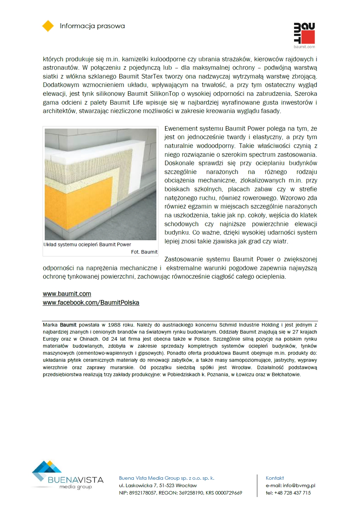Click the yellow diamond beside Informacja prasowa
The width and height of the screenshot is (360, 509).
coord(48,26)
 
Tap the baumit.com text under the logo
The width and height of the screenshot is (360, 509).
coord(304,46)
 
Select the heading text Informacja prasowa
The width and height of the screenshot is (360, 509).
coord(92,26)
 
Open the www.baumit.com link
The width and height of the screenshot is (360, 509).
coord(67,294)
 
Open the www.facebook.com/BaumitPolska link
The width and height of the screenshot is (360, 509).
coord(91,303)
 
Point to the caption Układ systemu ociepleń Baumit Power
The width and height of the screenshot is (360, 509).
coord(87,244)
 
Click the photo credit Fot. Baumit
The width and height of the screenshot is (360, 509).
coord(144,252)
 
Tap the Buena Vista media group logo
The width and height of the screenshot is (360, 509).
coord(67,476)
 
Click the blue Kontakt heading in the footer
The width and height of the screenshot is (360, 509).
coord(275,478)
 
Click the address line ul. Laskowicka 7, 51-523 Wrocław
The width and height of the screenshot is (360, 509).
coord(158,485)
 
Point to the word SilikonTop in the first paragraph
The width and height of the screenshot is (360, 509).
coord(165,94)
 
